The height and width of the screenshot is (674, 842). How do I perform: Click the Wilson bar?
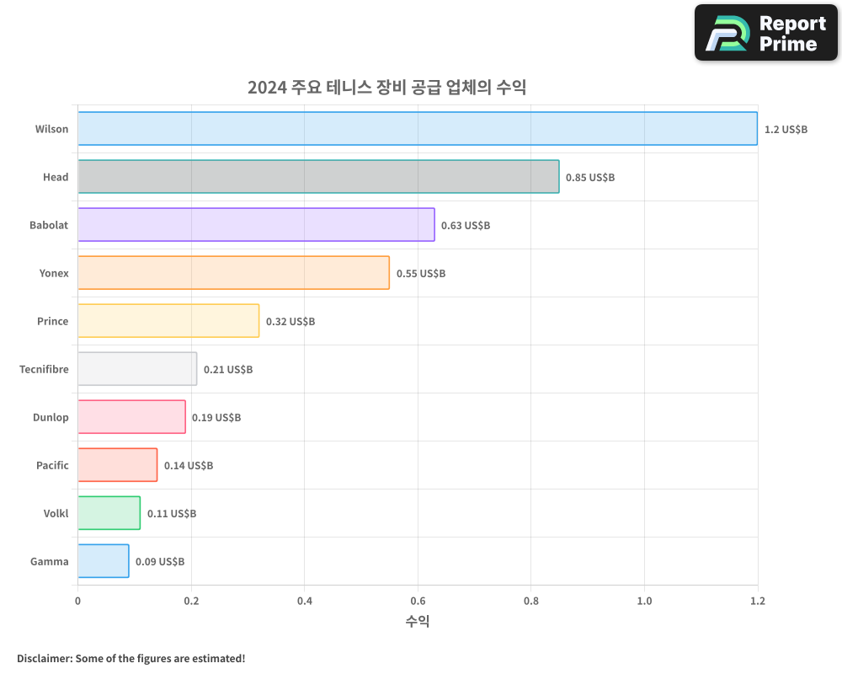418,129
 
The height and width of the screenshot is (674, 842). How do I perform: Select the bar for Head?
318,177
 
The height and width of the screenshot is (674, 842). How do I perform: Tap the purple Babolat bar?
256,225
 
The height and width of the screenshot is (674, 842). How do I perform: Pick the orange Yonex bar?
233,273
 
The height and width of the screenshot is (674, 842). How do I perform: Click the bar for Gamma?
103,561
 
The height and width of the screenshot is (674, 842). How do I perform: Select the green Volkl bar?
109,513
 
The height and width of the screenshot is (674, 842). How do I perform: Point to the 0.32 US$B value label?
290,322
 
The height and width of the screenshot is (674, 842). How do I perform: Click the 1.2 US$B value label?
786,130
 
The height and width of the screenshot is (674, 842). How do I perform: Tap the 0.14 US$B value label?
189,466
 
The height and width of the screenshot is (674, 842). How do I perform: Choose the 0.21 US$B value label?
228,370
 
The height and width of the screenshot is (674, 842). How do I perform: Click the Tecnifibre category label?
44,369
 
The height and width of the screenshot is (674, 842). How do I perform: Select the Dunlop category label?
51,417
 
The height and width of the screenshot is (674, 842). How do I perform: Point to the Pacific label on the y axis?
52,465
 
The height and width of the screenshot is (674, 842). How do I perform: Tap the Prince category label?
52,321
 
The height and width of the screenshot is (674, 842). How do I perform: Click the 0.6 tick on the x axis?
418,601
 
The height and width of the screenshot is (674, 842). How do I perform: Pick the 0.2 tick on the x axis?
191,601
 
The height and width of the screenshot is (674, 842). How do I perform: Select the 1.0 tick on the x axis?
644,601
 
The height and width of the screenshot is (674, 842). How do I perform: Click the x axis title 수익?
418,622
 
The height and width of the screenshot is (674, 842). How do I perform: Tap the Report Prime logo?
766,33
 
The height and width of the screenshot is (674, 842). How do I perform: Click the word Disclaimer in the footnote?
44,658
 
